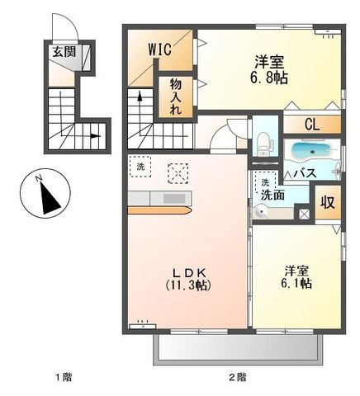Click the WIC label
160,49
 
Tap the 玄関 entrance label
64,51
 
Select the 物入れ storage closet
175,97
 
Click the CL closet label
312,125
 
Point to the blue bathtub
311,151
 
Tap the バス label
305,173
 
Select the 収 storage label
328,203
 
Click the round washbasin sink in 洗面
260,212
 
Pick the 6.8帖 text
269,78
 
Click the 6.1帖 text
296,283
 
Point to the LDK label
189,272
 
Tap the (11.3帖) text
189,285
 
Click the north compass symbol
45,193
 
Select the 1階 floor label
64,377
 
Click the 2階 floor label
238,377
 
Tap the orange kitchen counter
160,210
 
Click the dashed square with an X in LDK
178,173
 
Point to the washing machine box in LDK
140,167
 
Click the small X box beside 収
304,214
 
